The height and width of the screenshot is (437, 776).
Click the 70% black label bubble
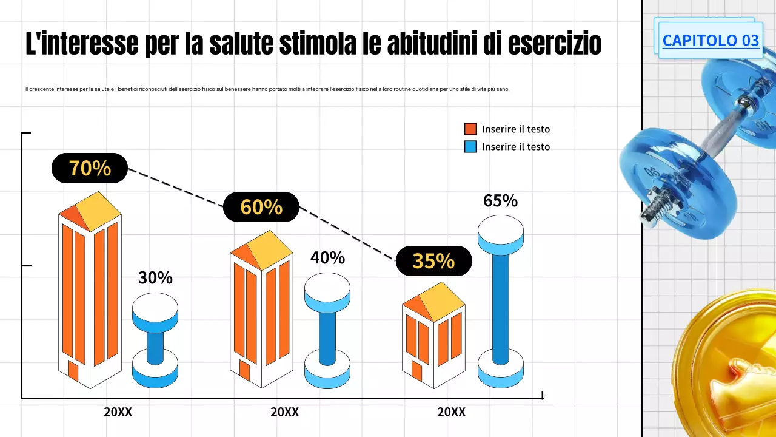[90, 168]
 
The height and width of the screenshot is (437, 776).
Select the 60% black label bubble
[261, 207]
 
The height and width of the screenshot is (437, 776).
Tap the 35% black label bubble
[433, 261]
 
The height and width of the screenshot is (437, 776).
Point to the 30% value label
[155, 278]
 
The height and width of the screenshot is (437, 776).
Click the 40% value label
[327, 258]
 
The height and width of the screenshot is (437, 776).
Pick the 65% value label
[500, 201]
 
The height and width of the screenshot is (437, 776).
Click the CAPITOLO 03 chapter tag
[711, 40]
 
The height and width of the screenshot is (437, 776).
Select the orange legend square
[470, 129]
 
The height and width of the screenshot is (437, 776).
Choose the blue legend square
[470, 146]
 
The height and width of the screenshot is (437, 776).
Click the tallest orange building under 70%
[90, 297]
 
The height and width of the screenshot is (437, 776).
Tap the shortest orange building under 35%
[433, 340]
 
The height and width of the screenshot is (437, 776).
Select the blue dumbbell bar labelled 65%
[500, 307]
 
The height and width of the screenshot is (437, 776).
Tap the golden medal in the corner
[727, 370]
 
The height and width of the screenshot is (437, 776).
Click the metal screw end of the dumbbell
[654, 209]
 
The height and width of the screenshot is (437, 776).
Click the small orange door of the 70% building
[73, 370]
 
